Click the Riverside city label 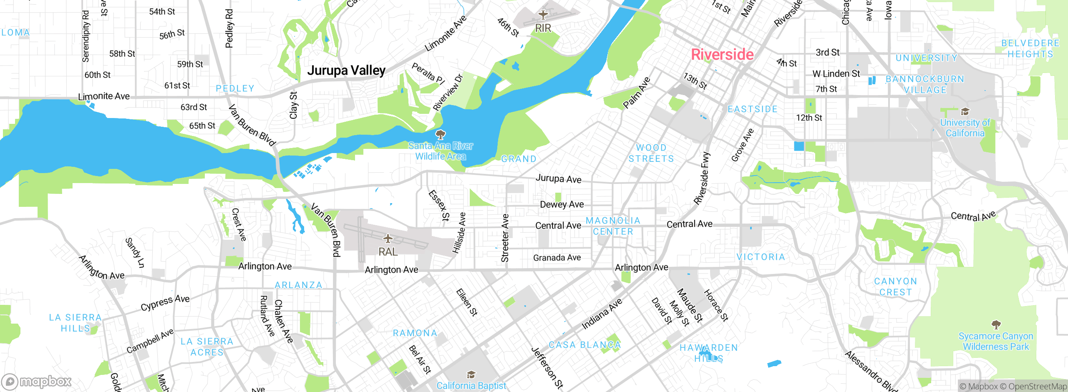[722, 55]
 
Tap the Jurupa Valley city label [346, 70]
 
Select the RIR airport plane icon [543, 15]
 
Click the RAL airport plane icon [388, 239]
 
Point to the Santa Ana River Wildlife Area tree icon [440, 134]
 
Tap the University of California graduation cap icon [965, 111]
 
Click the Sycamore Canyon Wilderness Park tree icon [996, 324]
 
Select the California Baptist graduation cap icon [471, 374]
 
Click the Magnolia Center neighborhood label [613, 226]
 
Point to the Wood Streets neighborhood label [651, 153]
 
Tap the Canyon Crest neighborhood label [896, 287]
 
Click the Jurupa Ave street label [558, 178]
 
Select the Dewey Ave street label [562, 204]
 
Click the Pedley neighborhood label [235, 88]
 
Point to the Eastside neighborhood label [753, 109]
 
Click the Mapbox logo [37, 382]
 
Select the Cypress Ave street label [165, 303]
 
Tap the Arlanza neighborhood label [298, 285]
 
